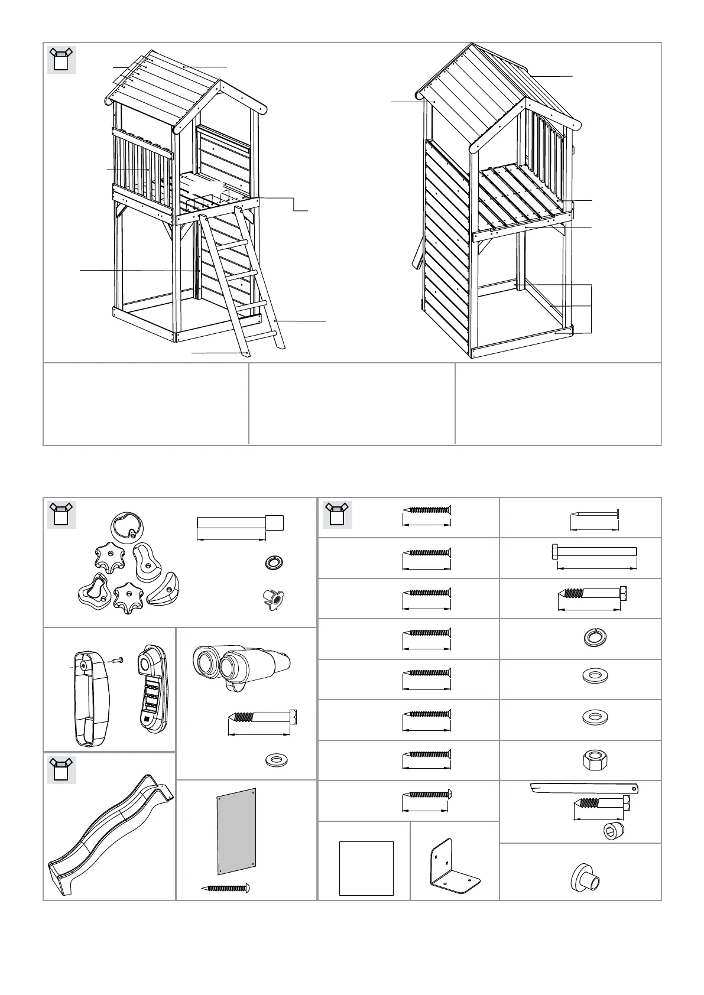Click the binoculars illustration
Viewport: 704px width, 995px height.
point(239,663)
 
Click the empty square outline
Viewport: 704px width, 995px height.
point(366,868)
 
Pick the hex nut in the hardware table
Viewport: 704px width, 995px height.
point(592,759)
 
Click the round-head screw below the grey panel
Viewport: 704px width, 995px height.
point(226,888)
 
